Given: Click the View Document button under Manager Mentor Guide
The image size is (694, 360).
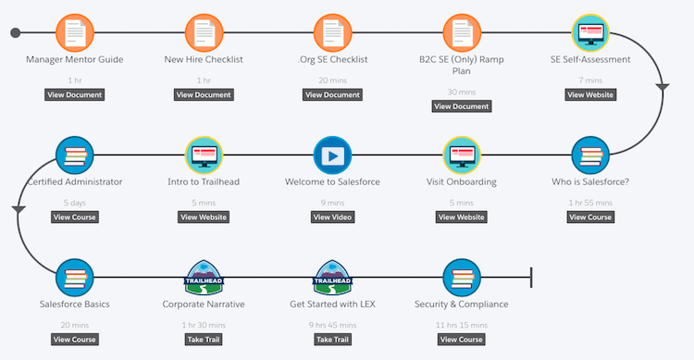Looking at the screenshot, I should [75, 94].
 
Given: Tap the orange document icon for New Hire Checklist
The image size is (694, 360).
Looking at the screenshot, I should [204, 34].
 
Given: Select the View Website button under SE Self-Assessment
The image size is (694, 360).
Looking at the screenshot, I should [590, 94].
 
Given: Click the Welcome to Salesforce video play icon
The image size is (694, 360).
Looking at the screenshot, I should [333, 155].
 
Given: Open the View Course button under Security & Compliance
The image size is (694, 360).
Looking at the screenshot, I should [462, 339].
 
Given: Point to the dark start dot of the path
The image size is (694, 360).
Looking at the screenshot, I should [15, 34].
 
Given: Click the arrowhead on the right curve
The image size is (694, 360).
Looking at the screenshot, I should [663, 87].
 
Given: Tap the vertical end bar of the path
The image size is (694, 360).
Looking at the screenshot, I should [530, 277].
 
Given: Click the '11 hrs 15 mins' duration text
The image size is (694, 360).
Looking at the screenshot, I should [462, 325].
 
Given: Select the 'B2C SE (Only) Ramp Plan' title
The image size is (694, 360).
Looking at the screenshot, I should [462, 67].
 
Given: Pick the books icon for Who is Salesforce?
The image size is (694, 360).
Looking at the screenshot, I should [590, 155].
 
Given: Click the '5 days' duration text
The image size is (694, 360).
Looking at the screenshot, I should [75, 203].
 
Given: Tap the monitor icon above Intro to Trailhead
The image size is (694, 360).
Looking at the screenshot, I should [204, 155].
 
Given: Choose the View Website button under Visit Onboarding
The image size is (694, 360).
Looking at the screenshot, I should [462, 217].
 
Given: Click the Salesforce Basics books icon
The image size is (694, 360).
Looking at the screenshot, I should [75, 277].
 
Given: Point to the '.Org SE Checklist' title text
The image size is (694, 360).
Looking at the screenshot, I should [333, 60].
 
